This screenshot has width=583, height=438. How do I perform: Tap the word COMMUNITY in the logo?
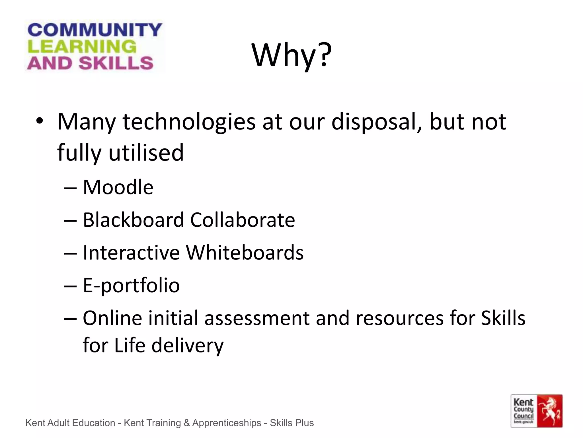[95, 30]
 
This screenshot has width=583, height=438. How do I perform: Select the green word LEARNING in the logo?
[82, 46]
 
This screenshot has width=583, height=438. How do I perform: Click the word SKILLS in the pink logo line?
[116, 63]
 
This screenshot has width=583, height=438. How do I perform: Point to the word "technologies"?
[189, 122]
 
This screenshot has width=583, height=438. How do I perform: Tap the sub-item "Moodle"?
[118, 187]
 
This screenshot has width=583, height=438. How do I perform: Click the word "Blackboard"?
[134, 220]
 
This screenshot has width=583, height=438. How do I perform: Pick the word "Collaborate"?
[243, 220]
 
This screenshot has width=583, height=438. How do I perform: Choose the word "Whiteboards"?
[245, 253]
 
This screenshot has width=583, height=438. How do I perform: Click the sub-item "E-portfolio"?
[131, 285]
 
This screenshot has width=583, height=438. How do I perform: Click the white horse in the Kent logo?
[550, 411]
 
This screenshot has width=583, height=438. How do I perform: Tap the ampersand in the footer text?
[187, 423]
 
